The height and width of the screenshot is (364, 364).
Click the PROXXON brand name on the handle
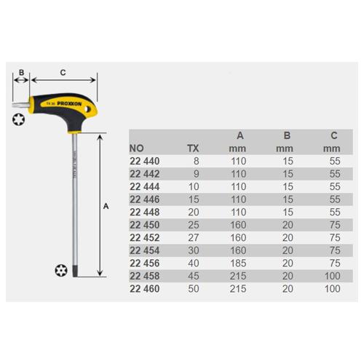[x=69, y=104]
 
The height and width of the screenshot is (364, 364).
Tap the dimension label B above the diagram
[x=21, y=73]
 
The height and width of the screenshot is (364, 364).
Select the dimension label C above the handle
[x=63, y=73]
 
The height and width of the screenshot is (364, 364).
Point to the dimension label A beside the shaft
[x=106, y=206]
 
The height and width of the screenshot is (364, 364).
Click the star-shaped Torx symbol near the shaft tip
[x=61, y=270]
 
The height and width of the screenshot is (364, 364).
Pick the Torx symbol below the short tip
[x=18, y=119]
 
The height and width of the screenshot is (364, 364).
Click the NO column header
[x=136, y=149]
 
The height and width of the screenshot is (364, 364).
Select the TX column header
[x=193, y=149]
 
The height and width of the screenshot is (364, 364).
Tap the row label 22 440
[x=145, y=161]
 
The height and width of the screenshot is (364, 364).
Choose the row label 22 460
[x=145, y=289]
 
